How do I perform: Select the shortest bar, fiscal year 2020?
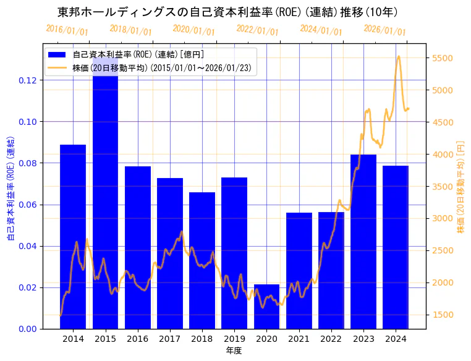point(266,307)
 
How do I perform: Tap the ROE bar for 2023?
point(363,242)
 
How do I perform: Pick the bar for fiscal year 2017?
point(170,253)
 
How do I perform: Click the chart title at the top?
point(227,12)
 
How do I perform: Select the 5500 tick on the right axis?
point(444,59)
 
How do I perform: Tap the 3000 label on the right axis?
point(444,218)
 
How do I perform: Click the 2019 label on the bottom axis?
point(234,339)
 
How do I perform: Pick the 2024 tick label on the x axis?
point(396,339)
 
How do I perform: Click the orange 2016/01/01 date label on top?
point(67,30)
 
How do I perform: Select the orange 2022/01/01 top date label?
point(257,30)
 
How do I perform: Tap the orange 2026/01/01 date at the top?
point(384,30)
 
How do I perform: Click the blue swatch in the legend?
point(59,55)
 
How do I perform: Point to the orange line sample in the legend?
point(59,67)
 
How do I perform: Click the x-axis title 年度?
point(234,350)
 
